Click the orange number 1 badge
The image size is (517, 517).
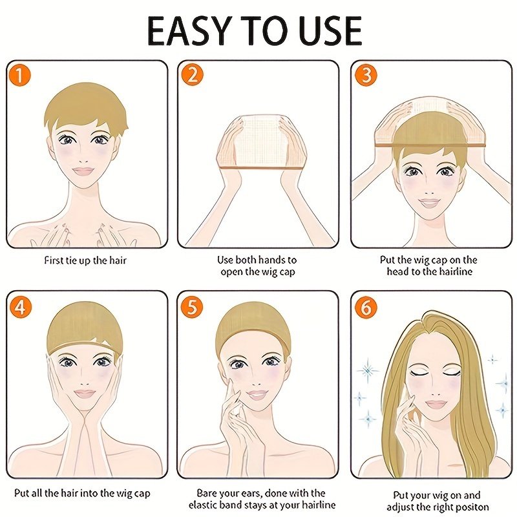21,76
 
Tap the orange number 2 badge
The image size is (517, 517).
192,76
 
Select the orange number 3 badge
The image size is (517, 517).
366,76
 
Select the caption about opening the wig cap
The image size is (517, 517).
257,266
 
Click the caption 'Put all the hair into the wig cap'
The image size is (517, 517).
86,493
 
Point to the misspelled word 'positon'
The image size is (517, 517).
471,507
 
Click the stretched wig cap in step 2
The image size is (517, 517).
257,139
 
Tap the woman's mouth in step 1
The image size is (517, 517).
83,172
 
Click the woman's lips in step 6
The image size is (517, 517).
435,405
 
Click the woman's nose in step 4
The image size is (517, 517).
83,377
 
